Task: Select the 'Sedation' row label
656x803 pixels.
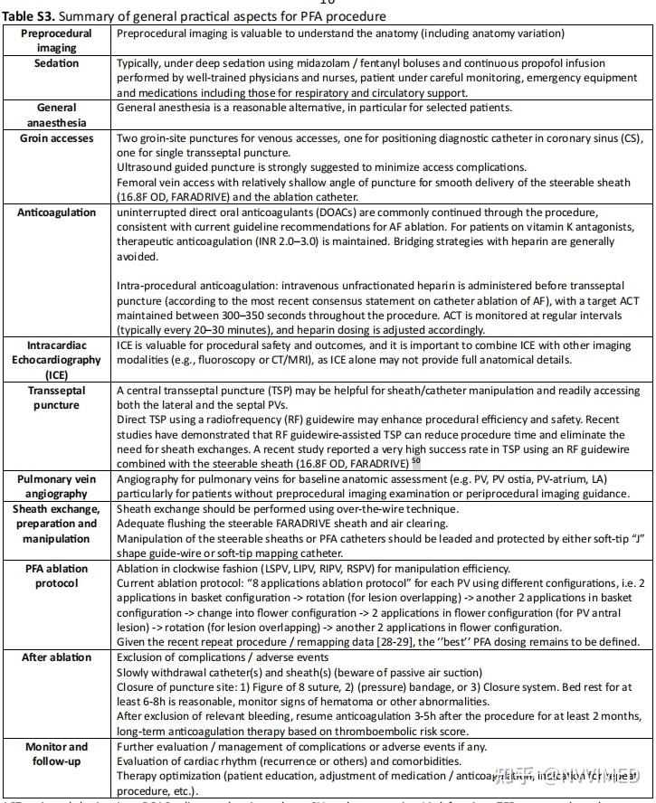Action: pyautogui.click(x=56, y=63)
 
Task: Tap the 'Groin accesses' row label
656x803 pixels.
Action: pyautogui.click(x=56, y=138)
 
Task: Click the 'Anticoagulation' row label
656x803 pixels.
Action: pyautogui.click(x=56, y=213)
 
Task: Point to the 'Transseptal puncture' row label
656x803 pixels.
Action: pyautogui.click(x=56, y=399)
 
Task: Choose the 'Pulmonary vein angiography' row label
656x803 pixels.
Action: pyautogui.click(x=56, y=486)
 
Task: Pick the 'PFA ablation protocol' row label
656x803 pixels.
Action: pyautogui.click(x=56, y=575)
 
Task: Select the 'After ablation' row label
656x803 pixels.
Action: pyautogui.click(x=56, y=657)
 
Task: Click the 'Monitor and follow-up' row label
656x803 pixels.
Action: pyautogui.click(x=56, y=753)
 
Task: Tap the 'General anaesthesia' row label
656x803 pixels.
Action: pyautogui.click(x=56, y=114)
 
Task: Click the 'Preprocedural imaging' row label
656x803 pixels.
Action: pyautogui.click(x=56, y=40)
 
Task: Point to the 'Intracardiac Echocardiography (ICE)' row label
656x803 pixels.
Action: pyautogui.click(x=56, y=358)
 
